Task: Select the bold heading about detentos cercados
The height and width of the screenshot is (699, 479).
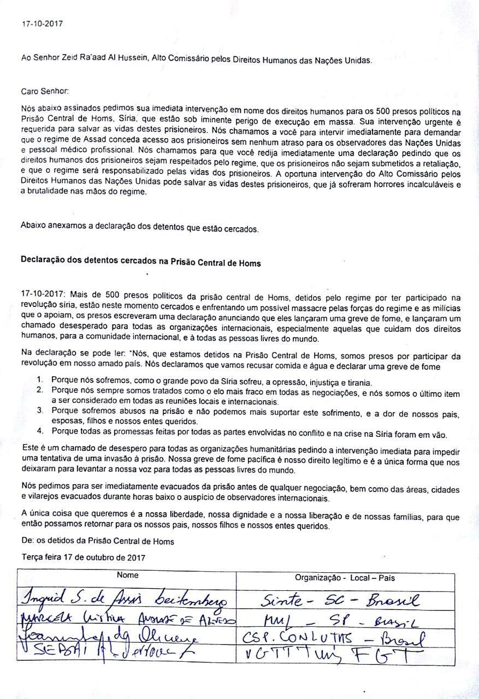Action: click(140, 263)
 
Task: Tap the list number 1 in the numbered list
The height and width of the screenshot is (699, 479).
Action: click(39, 379)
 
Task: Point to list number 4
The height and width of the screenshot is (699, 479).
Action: click(39, 435)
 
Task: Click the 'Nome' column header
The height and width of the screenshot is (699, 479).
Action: click(127, 575)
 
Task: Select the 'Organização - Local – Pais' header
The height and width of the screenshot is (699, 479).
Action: click(345, 577)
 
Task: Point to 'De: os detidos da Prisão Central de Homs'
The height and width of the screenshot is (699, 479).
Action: click(98, 542)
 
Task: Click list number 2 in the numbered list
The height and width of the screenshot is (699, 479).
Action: click(39, 390)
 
